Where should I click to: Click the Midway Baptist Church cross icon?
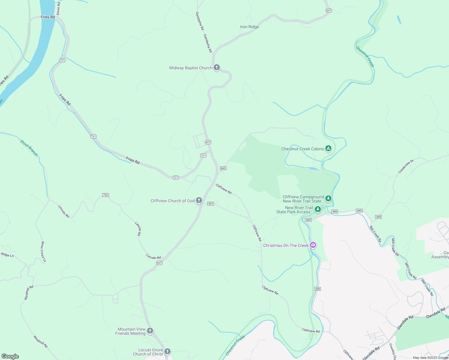coord(216,67)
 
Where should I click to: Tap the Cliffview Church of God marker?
coord(199,200)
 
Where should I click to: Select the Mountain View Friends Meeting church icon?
coord(150,331)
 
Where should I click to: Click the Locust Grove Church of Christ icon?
coord(167,352)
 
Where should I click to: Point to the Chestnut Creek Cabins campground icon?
coord(328,148)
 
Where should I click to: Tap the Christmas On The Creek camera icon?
coord(313,245)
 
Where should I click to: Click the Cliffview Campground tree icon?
coord(328,198)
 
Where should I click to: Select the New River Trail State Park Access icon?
coord(318,209)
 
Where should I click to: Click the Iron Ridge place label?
coord(249,27)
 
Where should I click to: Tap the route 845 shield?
coord(223,168)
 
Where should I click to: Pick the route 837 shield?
coord(211,204)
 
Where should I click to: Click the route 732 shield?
coord(105,195)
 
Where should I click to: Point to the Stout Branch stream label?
coord(29,148)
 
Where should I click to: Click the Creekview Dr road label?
coord(406,166)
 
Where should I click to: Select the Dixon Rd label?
coord(58,8)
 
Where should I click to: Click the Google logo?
coord(10,356)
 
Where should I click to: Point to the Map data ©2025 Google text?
coord(430,358)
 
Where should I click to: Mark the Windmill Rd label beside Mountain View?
coord(41,341)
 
